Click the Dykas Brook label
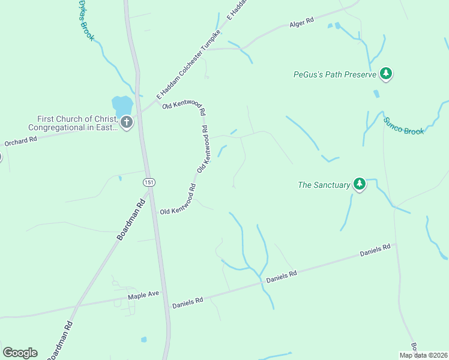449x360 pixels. click(x=86, y=20)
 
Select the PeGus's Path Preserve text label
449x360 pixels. click(x=334, y=75)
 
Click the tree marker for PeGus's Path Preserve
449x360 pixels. click(x=387, y=74)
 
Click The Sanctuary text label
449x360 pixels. click(x=324, y=185)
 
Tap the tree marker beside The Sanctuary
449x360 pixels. click(x=359, y=184)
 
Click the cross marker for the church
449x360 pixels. click(x=126, y=123)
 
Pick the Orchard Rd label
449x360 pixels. click(x=21, y=142)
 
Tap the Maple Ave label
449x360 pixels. click(x=143, y=295)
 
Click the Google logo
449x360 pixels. click(x=20, y=353)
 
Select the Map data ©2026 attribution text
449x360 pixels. click(x=423, y=355)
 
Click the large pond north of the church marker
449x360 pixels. click(x=122, y=104)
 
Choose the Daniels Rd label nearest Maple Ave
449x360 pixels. click(x=188, y=302)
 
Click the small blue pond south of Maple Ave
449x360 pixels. click(x=143, y=340)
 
